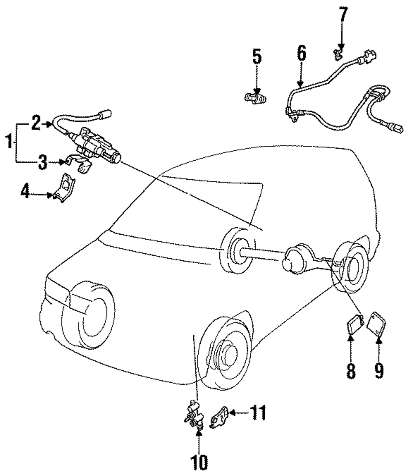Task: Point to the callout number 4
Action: tap(26, 192)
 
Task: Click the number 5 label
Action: tap(257, 57)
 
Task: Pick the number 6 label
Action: tap(301, 54)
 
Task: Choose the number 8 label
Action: tap(351, 370)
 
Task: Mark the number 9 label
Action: tap(379, 370)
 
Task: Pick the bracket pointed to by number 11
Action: tap(219, 416)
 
